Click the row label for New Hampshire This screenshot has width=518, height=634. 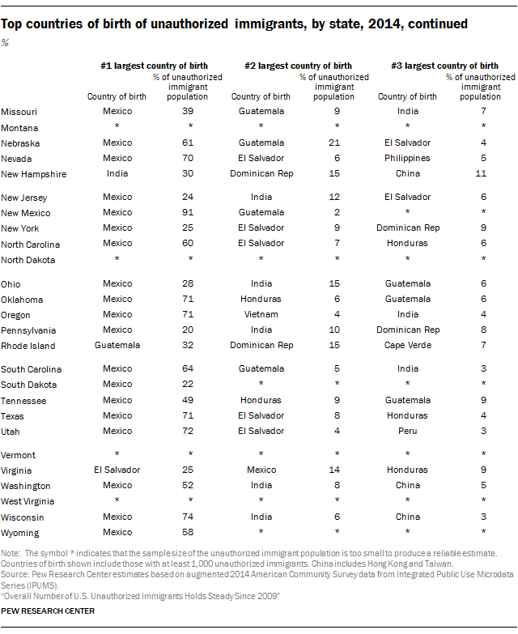click(33, 174)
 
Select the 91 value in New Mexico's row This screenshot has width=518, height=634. click(188, 212)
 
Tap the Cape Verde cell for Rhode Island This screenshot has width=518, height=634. click(408, 345)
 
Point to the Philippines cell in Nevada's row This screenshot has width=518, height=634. click(407, 158)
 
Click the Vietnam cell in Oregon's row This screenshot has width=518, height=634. click(261, 314)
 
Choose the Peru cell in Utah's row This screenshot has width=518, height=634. click(407, 431)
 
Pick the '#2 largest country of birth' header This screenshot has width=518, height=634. click(298, 66)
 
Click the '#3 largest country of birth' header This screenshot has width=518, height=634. click(444, 66)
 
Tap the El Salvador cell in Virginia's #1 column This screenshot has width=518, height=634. click(117, 470)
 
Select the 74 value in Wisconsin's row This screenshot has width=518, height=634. click(188, 517)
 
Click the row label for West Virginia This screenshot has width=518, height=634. click(28, 501)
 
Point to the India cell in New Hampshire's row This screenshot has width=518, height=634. click(117, 173)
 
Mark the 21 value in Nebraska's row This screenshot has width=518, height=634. click(334, 143)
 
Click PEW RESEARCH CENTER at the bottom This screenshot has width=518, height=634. click(48, 611)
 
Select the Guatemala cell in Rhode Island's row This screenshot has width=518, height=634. click(117, 345)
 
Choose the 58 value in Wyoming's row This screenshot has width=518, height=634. click(188, 532)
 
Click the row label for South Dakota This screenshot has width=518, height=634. click(28, 385)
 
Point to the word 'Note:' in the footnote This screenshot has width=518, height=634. click(11, 553)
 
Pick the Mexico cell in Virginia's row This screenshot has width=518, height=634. click(261, 470)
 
